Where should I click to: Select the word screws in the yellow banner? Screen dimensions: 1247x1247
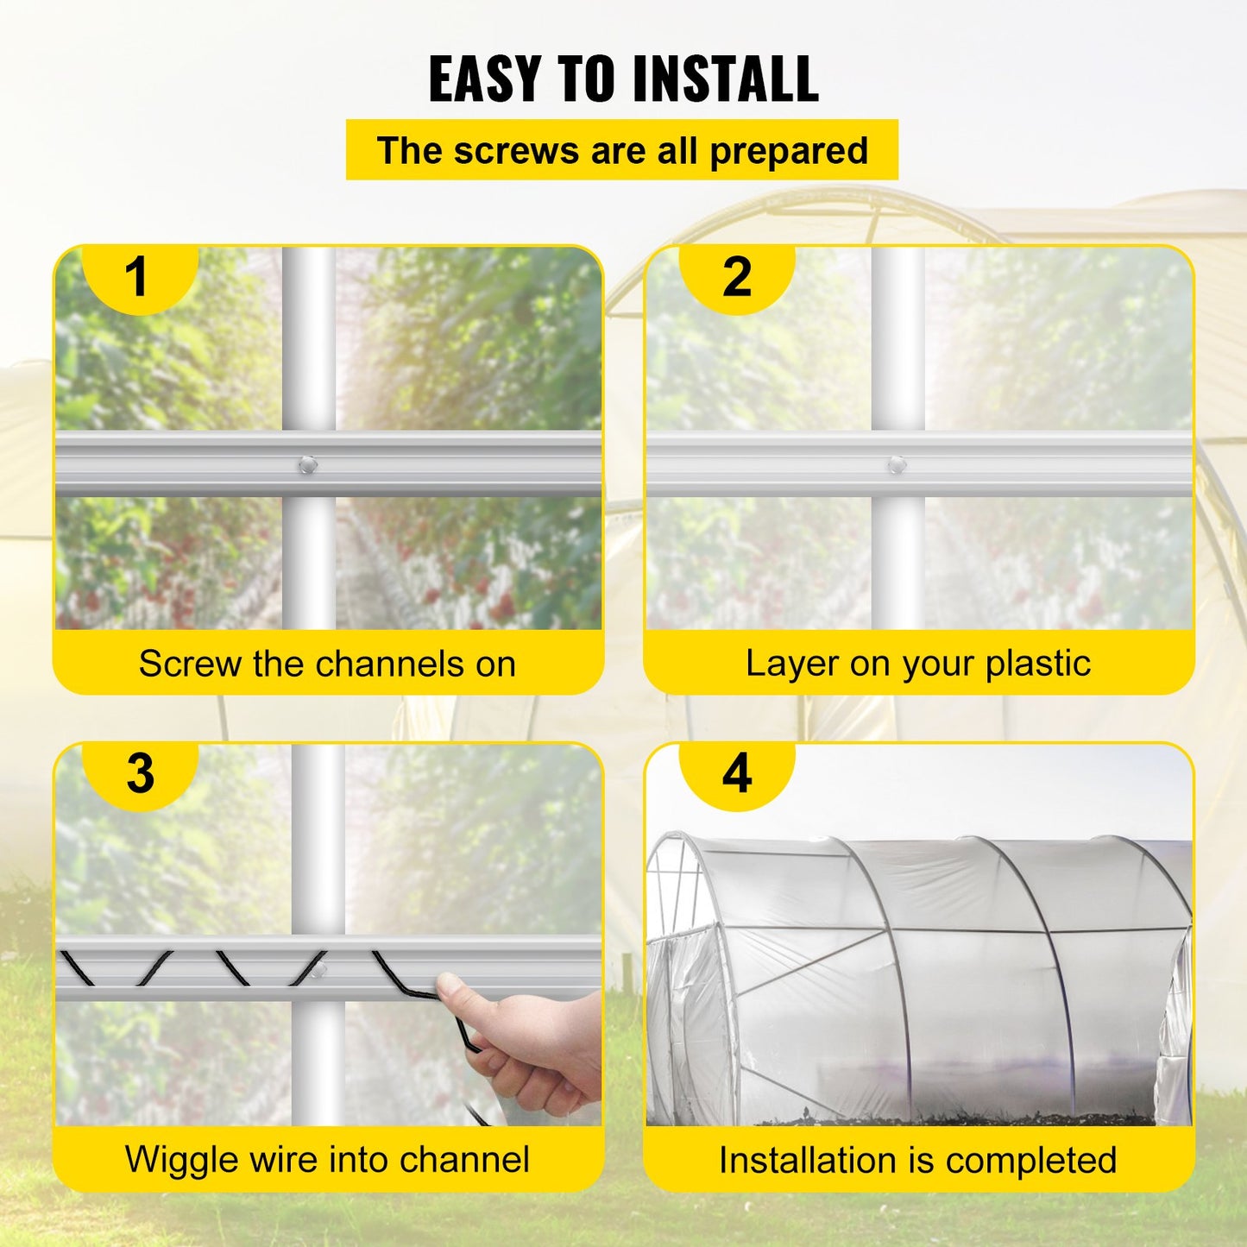coord(516,151)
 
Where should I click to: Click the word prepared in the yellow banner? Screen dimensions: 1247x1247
coord(788,152)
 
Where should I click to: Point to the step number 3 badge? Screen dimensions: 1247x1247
coord(140,773)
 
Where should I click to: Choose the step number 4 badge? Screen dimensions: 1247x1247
coord(736,773)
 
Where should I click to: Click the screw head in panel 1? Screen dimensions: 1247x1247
coord(308,466)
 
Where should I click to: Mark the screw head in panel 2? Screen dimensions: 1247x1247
coord(897,465)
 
